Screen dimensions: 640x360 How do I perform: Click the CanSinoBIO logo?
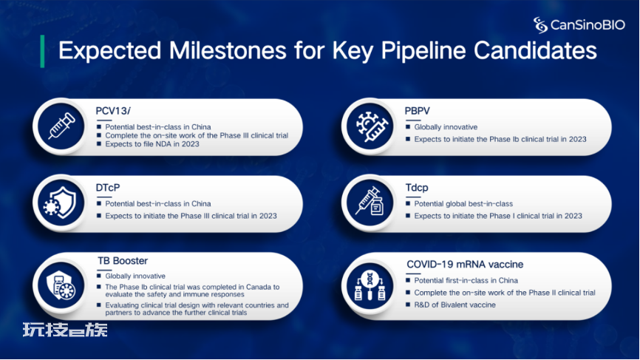pyautogui.click(x=579, y=25)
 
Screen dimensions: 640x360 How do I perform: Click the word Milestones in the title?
pyautogui.click(x=228, y=50)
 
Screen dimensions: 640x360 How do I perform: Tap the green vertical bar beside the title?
pyautogui.click(x=42, y=51)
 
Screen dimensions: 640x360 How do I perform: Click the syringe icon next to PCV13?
pyautogui.click(x=61, y=126)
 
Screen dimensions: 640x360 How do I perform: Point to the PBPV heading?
pyautogui.click(x=417, y=111)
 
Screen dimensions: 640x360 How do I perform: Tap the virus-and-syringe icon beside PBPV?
pyautogui.click(x=370, y=126)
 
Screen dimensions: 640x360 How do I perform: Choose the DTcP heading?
pyautogui.click(x=108, y=188)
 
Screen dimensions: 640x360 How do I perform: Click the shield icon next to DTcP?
pyautogui.click(x=60, y=203)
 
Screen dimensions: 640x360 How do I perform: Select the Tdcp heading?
pyautogui.click(x=417, y=188)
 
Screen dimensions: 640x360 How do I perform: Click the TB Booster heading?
pyautogui.click(x=123, y=261)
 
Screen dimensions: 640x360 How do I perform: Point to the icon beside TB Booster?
pyautogui.click(x=61, y=285)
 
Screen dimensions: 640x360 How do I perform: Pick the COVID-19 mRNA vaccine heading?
pyautogui.click(x=465, y=265)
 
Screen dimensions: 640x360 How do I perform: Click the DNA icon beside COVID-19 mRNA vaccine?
pyautogui.click(x=370, y=285)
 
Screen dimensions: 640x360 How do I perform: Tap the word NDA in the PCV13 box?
pyautogui.click(x=163, y=144)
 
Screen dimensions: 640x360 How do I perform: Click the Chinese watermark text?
pyautogui.click(x=65, y=330)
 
